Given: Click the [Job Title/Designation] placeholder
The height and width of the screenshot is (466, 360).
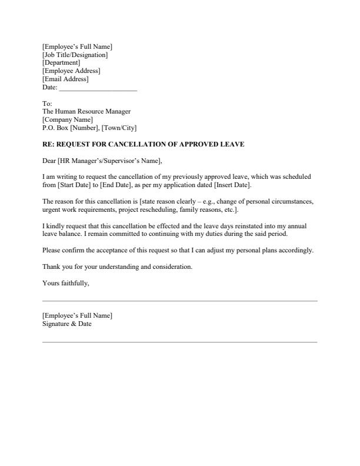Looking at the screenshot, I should click(x=75, y=55).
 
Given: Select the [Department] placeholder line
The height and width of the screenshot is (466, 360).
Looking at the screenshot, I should click(x=61, y=62).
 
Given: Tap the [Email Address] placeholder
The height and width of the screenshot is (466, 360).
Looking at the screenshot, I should click(x=65, y=79).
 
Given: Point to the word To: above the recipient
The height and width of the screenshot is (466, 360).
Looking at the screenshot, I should click(x=47, y=103).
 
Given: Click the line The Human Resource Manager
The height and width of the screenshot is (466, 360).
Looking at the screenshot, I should click(x=86, y=111).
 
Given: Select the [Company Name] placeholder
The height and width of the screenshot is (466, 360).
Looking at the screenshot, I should click(x=68, y=119).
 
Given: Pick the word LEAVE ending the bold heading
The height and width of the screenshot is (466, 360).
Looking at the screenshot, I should click(x=232, y=144).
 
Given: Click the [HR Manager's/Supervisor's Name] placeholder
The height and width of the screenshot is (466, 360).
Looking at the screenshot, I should click(x=109, y=161).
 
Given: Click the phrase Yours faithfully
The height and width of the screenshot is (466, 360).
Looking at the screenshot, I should click(x=66, y=283).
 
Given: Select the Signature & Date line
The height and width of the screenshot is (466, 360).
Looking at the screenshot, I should click(x=67, y=324).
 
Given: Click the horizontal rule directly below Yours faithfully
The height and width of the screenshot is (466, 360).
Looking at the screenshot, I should click(x=179, y=301).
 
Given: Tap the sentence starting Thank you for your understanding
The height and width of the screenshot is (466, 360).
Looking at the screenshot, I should click(x=117, y=267).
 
